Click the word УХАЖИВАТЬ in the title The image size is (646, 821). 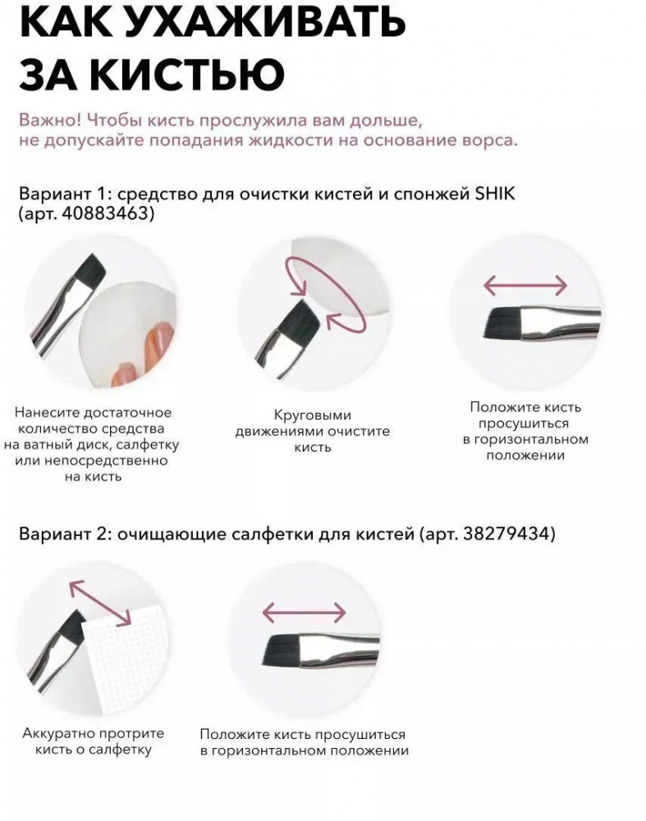[x=265, y=22]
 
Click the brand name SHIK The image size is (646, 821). [x=495, y=194]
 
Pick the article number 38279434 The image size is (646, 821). [x=506, y=534]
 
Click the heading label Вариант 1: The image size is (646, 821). [x=66, y=194]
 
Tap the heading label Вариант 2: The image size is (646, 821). [x=66, y=534]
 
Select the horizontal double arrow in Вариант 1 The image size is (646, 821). [x=525, y=286]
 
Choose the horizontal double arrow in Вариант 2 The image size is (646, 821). [x=305, y=612]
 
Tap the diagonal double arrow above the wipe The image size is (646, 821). [x=100, y=603]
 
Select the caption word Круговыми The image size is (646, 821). [x=313, y=415]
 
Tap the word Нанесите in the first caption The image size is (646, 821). [x=47, y=413]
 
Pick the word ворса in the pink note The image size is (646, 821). [x=491, y=141]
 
